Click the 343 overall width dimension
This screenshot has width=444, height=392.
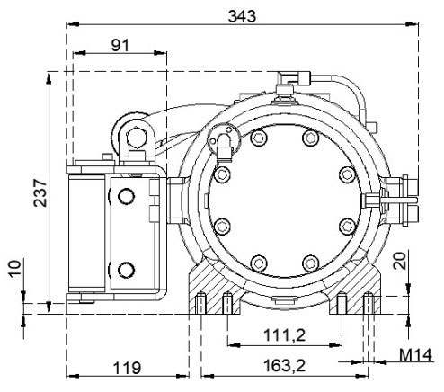(x=242, y=16)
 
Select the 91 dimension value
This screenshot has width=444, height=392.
(x=120, y=46)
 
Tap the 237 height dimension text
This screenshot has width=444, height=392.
(x=40, y=192)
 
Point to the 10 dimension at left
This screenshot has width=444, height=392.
(x=15, y=269)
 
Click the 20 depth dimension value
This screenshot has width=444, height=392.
(x=401, y=261)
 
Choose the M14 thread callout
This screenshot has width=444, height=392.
(x=416, y=355)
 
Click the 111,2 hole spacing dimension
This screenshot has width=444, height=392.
(x=284, y=334)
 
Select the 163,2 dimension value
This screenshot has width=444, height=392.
(x=284, y=366)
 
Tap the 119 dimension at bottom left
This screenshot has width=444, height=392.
(x=127, y=368)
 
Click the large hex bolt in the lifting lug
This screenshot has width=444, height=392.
(x=137, y=138)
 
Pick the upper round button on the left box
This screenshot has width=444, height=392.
(x=126, y=196)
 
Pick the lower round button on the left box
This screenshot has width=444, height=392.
(x=126, y=270)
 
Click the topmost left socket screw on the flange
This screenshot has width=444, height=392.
(x=259, y=138)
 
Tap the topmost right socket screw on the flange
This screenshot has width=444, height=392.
(x=311, y=138)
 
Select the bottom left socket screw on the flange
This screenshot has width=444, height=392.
(x=259, y=263)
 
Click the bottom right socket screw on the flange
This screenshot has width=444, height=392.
(x=311, y=263)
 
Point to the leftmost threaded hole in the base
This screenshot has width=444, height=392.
(x=200, y=303)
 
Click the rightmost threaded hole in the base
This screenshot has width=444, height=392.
(x=369, y=303)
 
